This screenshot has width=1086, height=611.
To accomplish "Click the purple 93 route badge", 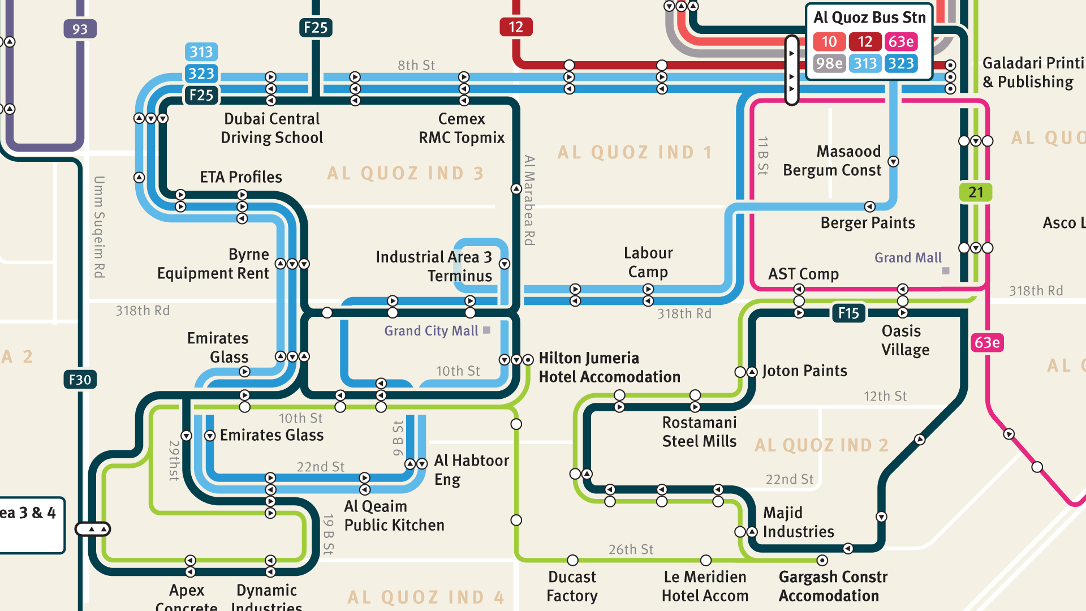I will click(80, 29).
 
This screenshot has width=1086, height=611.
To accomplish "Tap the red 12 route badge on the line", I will click(515, 27).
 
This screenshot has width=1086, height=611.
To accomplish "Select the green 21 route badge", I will click(975, 192).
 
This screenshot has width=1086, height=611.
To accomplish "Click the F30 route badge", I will click(80, 380).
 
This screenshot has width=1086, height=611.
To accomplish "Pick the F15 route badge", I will click(848, 313).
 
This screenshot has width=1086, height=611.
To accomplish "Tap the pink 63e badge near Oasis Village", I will click(987, 342).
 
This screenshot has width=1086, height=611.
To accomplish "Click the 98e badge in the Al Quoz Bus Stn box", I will click(829, 63).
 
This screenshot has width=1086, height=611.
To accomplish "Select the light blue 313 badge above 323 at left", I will click(201, 52).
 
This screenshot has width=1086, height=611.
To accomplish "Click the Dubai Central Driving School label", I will click(271, 128).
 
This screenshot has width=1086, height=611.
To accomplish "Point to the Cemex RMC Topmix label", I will click(462, 128).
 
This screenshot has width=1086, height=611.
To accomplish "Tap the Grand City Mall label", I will click(431, 331).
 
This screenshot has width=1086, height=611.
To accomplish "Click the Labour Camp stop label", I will click(648, 262).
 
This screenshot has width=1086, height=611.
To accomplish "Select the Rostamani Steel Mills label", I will click(699, 432).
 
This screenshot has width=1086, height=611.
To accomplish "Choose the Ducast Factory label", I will click(572, 586).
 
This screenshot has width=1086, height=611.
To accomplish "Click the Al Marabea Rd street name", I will click(529, 200).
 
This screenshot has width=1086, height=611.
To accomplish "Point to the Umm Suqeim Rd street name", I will click(99, 227).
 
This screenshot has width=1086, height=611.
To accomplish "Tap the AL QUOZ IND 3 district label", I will click(406, 173).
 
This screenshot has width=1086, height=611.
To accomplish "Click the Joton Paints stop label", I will click(804, 371).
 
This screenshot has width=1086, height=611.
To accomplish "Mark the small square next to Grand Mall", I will click(946, 271).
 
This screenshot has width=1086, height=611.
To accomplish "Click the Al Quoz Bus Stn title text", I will click(869, 18).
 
